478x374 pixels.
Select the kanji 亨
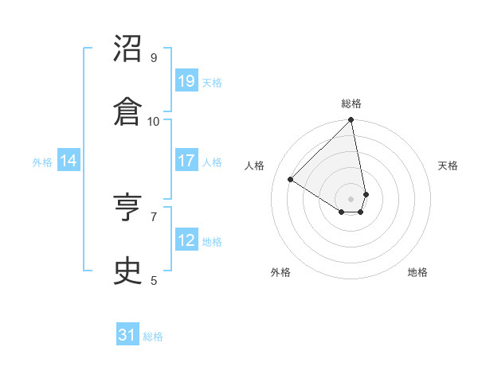(x=128, y=208)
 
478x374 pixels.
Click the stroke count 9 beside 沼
(x=154, y=57)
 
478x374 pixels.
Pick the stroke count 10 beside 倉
(x=154, y=121)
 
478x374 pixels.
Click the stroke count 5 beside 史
(x=154, y=280)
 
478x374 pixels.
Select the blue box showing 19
(x=186, y=81)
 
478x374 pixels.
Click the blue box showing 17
(x=186, y=161)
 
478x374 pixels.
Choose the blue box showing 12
(x=186, y=240)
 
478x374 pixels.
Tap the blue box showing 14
(x=69, y=161)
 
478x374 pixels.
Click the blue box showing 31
(x=127, y=335)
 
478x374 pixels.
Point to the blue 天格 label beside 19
(x=212, y=83)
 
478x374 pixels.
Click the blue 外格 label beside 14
(x=42, y=162)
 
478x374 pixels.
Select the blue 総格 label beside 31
(x=153, y=337)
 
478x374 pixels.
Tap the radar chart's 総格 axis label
(x=351, y=103)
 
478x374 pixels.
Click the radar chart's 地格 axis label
(x=417, y=272)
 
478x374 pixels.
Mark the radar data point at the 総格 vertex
(x=351, y=121)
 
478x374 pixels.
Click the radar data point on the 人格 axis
(x=291, y=180)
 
